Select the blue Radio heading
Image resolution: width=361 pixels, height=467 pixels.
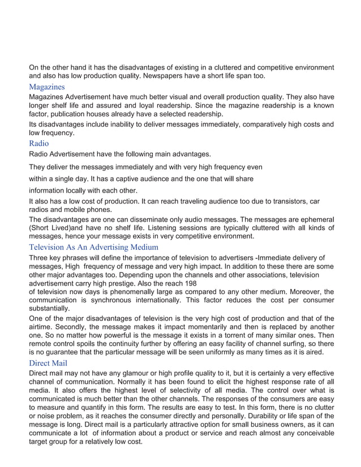click(x=39, y=143)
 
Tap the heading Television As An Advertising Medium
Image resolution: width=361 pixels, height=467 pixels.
click(x=93, y=247)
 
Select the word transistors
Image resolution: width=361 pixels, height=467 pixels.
click(x=284, y=201)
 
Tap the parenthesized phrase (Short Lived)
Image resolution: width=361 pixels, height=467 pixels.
click(x=51, y=228)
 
